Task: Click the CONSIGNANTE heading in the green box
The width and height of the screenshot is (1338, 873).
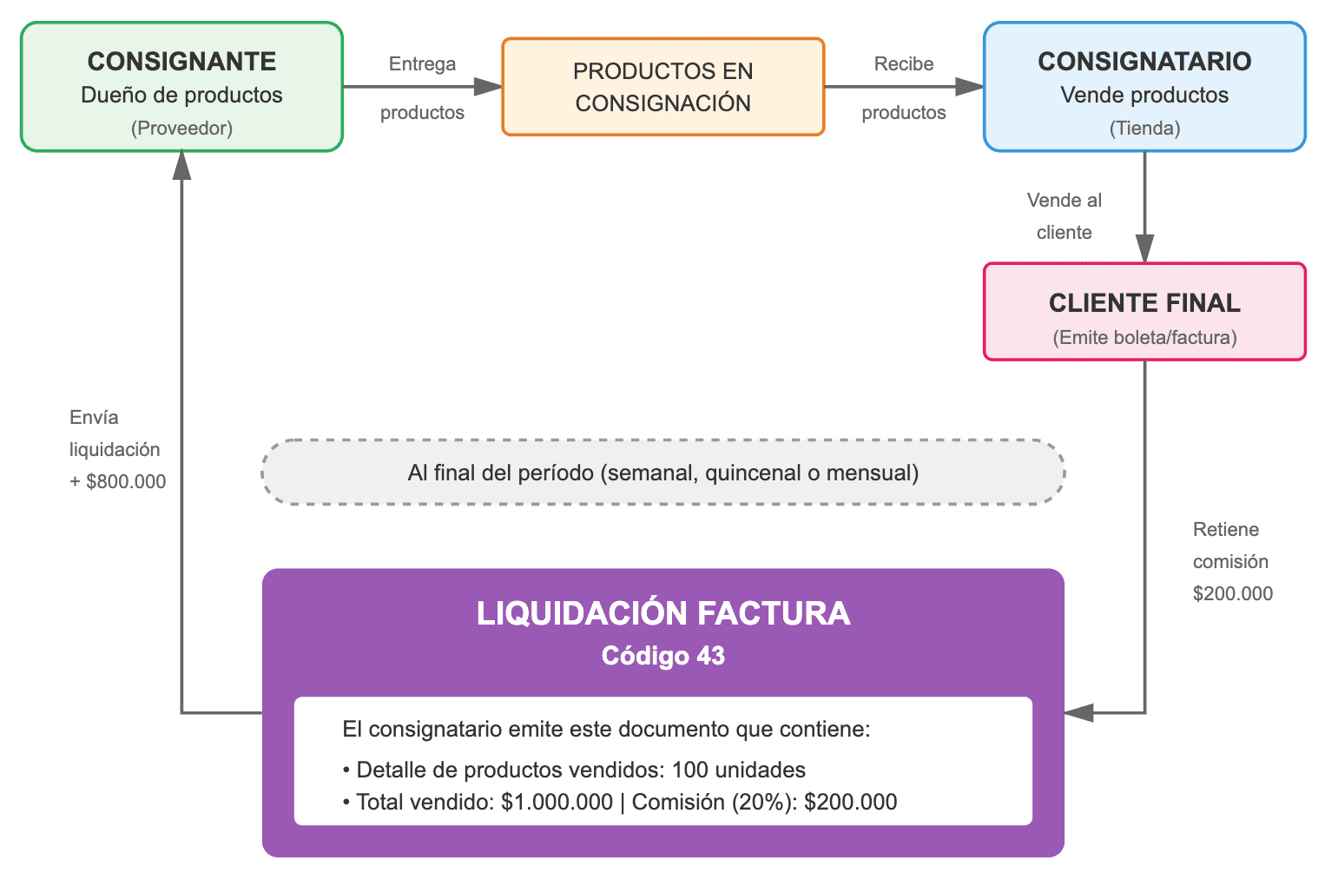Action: pyautogui.click(x=181, y=62)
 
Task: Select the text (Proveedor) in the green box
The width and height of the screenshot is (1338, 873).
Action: pyautogui.click(x=181, y=129)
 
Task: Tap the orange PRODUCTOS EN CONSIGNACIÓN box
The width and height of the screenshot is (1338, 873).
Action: pyautogui.click(x=662, y=87)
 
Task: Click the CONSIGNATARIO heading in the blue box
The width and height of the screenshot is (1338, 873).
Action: pyautogui.click(x=1144, y=62)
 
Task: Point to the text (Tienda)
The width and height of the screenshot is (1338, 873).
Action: pyautogui.click(x=1144, y=129)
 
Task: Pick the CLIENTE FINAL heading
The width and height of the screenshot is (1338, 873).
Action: pyautogui.click(x=1144, y=303)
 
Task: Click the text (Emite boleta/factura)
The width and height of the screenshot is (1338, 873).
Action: pyautogui.click(x=1144, y=338)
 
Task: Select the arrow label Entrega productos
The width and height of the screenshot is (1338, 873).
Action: pyautogui.click(x=422, y=88)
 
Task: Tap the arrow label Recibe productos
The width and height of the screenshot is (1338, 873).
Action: pyautogui.click(x=904, y=88)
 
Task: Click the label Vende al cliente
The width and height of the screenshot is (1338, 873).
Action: pyautogui.click(x=1064, y=216)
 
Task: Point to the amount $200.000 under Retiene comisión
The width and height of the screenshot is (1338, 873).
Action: pyautogui.click(x=1233, y=594)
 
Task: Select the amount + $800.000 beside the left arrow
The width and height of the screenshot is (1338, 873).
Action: pyautogui.click(x=118, y=482)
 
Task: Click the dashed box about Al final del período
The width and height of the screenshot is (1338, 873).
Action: pyautogui.click(x=662, y=473)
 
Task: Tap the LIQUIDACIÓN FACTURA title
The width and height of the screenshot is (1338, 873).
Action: pyautogui.click(x=662, y=613)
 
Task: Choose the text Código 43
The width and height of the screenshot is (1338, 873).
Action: pyautogui.click(x=662, y=656)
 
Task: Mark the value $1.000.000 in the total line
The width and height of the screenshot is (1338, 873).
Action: pyautogui.click(x=557, y=803)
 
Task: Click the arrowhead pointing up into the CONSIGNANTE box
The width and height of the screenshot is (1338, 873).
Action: pyautogui.click(x=181, y=164)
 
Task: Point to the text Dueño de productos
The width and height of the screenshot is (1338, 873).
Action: pyautogui.click(x=181, y=96)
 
